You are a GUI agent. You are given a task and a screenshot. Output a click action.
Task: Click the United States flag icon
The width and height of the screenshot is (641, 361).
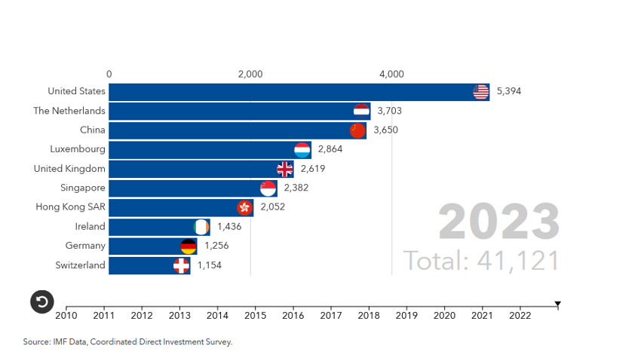(480, 92)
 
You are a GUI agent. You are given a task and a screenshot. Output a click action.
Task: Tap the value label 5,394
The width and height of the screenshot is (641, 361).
(509, 92)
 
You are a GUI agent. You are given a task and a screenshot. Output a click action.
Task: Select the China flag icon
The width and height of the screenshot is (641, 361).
(357, 130)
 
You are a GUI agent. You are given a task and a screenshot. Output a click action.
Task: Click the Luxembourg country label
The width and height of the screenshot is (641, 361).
(78, 149)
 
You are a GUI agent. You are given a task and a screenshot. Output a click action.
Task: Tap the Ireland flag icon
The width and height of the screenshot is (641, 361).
(201, 227)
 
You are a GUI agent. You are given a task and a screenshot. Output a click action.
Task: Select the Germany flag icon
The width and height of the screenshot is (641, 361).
(189, 246)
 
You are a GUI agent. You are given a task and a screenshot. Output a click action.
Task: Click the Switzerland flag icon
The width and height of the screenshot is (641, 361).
(181, 266)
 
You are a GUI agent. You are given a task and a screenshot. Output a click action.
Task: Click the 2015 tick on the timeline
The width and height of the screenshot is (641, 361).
(255, 315)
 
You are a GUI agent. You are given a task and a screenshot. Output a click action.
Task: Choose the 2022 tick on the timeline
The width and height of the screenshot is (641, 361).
(520, 315)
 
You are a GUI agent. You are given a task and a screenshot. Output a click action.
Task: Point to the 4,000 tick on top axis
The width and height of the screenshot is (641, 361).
(391, 75)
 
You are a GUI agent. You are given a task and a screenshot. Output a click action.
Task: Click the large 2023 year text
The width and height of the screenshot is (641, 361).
(499, 222)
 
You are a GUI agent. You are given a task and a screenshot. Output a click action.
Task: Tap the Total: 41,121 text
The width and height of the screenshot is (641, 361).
(482, 261)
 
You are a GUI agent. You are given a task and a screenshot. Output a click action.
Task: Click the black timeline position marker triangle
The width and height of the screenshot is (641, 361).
(558, 304)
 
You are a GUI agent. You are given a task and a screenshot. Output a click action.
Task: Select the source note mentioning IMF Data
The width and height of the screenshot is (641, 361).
(127, 342)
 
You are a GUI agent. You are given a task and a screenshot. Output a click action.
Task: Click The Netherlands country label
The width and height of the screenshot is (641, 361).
(69, 111)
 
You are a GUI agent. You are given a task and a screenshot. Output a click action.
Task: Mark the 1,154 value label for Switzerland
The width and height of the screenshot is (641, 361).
(210, 266)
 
